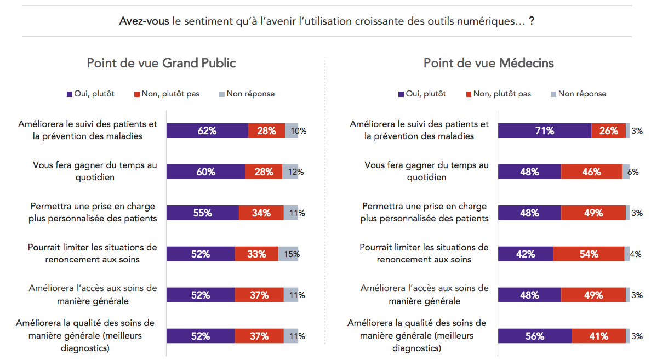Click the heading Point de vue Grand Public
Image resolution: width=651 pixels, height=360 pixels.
tap(161, 64)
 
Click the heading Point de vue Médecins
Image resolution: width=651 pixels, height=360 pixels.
tap(488, 64)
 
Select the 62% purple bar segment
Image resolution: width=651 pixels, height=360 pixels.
tap(207, 131)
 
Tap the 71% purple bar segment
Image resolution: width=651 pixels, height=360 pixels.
tap(545, 131)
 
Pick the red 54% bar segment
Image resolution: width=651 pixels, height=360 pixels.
tap(589, 254)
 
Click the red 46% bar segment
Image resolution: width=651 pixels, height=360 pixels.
tap(591, 172)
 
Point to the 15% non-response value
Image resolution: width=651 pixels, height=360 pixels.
tap(292, 254)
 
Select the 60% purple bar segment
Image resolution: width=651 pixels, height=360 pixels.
tap(205, 172)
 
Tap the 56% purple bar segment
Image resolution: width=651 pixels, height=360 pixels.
tap(534, 336)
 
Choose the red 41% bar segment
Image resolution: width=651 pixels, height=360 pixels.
tap(598, 336)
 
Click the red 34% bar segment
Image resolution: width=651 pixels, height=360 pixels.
tap(261, 213)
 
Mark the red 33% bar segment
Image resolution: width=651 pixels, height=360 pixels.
tap(256, 254)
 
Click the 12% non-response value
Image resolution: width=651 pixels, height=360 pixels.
tap(296, 172)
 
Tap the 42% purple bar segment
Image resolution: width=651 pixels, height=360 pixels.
tap(525, 254)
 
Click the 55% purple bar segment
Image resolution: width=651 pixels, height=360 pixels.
tap(202, 213)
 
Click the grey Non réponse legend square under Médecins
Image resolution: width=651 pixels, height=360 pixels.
tap(553, 94)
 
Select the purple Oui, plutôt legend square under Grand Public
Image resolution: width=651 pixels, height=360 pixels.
tap(70, 94)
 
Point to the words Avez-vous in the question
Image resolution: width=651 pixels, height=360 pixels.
tap(136, 22)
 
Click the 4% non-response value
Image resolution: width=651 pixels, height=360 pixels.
tap(636, 254)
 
